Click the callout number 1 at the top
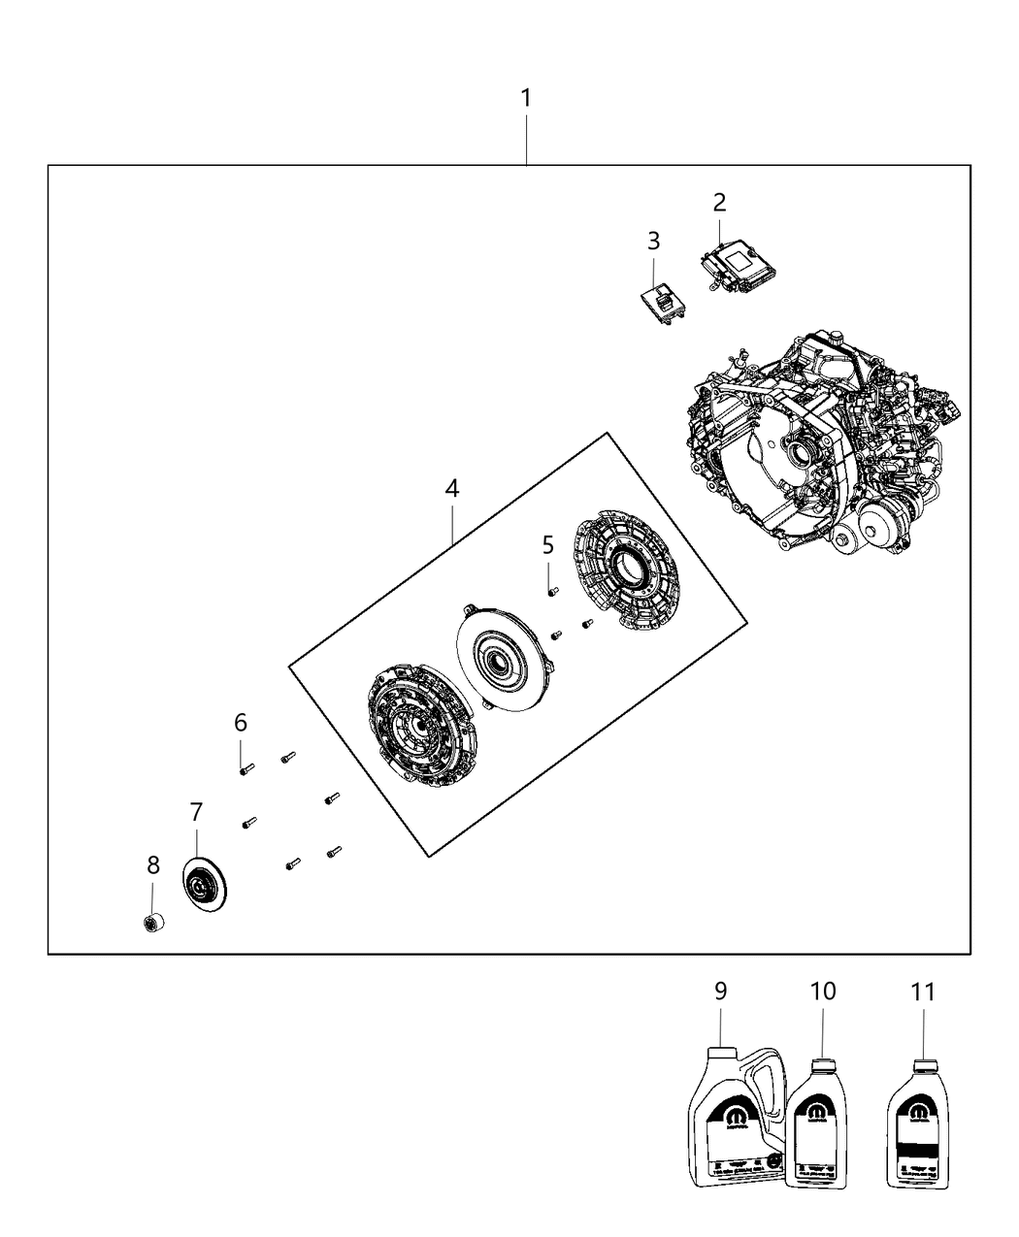(525, 98)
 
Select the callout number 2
(719, 203)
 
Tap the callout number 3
(653, 241)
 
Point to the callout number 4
(452, 489)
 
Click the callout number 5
(548, 544)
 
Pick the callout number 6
(241, 722)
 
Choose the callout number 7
(196, 811)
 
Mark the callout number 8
(153, 865)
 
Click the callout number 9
(720, 992)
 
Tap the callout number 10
(823, 992)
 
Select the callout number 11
(923, 992)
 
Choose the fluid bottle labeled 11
(921, 1125)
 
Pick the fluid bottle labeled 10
(821, 1125)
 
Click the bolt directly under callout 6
(246, 769)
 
